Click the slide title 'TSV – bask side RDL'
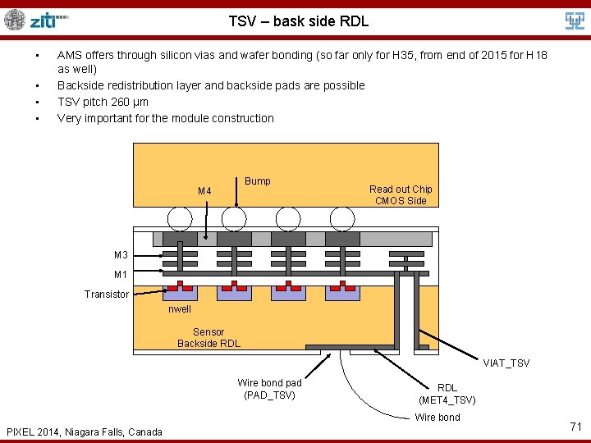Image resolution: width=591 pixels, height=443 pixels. (298, 21)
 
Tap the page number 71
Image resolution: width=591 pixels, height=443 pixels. (575, 426)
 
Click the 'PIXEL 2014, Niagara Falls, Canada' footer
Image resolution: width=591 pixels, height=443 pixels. (84, 432)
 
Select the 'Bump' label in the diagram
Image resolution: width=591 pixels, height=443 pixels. (257, 180)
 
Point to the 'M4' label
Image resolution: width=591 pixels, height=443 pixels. (204, 191)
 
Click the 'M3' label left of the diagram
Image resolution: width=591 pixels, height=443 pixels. (120, 254)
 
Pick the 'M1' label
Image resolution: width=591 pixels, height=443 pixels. (120, 274)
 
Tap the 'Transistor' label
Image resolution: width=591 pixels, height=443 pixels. (107, 294)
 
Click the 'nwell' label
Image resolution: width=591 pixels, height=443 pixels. (179, 309)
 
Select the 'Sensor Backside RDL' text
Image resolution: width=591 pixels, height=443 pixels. (208, 337)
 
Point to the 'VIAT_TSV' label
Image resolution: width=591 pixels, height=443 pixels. (506, 363)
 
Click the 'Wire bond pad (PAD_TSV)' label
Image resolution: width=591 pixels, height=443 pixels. (269, 389)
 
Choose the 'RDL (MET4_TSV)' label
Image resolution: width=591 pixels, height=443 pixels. (447, 394)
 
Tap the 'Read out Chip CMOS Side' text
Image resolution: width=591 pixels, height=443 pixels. (400, 194)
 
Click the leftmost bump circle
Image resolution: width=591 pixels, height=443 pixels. (180, 218)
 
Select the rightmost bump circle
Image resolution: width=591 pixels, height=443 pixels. (341, 218)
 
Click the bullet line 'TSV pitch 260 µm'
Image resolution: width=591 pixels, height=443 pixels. (103, 102)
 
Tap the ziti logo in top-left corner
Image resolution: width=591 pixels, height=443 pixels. (37, 20)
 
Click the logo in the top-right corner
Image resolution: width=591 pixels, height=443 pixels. (574, 21)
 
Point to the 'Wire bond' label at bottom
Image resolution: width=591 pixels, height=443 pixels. (437, 417)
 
